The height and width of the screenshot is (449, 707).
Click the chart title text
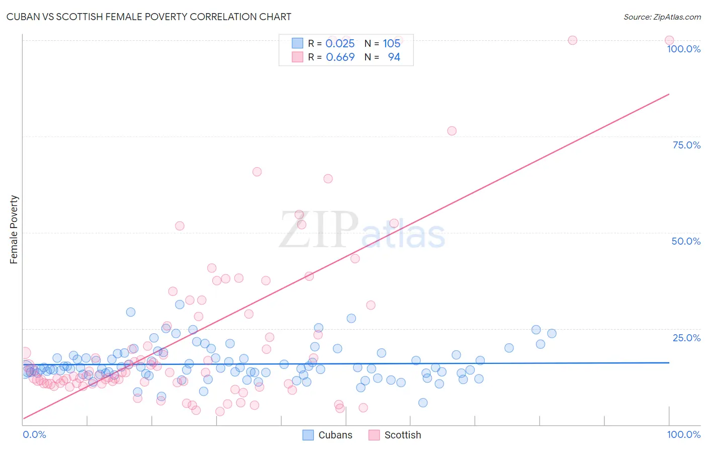tap(149, 17)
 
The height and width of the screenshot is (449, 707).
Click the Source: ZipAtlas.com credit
tap(662, 17)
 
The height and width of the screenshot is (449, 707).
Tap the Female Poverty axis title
tap(14, 230)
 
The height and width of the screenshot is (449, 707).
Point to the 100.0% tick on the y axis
tap(683, 49)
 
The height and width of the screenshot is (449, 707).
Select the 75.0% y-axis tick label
tap(686, 145)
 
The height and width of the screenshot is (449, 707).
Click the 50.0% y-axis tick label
tap(686, 241)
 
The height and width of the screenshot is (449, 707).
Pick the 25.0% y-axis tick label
tap(686, 337)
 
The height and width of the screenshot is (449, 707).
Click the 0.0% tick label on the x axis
tap(34, 434)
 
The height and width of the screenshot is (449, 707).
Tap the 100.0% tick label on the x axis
tap(683, 434)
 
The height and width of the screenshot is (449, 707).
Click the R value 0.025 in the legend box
tap(340, 43)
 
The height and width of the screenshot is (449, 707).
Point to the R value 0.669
tap(340, 57)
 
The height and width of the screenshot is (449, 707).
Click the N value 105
tap(391, 43)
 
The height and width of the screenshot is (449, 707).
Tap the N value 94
tap(394, 57)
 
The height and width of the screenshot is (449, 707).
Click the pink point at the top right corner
tap(669, 40)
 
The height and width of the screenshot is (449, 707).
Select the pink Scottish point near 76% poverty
tap(452, 131)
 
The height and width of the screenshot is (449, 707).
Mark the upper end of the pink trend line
tap(669, 94)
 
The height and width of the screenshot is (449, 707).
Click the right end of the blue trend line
tap(669, 362)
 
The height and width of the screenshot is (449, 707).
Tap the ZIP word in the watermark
tap(319, 230)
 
